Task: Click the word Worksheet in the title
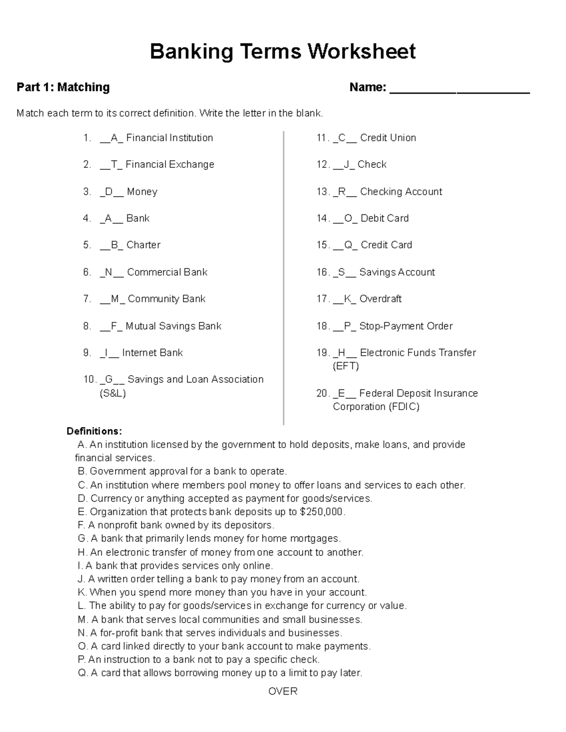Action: click(x=362, y=51)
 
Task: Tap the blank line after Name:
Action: click(x=459, y=89)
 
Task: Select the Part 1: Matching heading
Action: click(x=63, y=87)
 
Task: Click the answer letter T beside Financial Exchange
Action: click(x=114, y=164)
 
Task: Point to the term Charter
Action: click(x=143, y=245)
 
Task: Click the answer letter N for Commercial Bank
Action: click(x=109, y=272)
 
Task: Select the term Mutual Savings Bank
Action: click(x=173, y=326)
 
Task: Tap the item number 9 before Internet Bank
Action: click(x=87, y=353)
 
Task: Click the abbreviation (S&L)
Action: click(x=113, y=393)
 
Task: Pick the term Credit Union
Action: click(x=388, y=138)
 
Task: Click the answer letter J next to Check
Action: click(x=347, y=164)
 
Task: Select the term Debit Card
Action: click(x=384, y=218)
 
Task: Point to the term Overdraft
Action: click(x=380, y=299)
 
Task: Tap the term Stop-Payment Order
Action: click(x=406, y=326)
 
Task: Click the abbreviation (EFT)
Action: click(x=346, y=366)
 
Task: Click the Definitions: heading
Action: click(x=94, y=431)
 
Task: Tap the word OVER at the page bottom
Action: click(x=283, y=691)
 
